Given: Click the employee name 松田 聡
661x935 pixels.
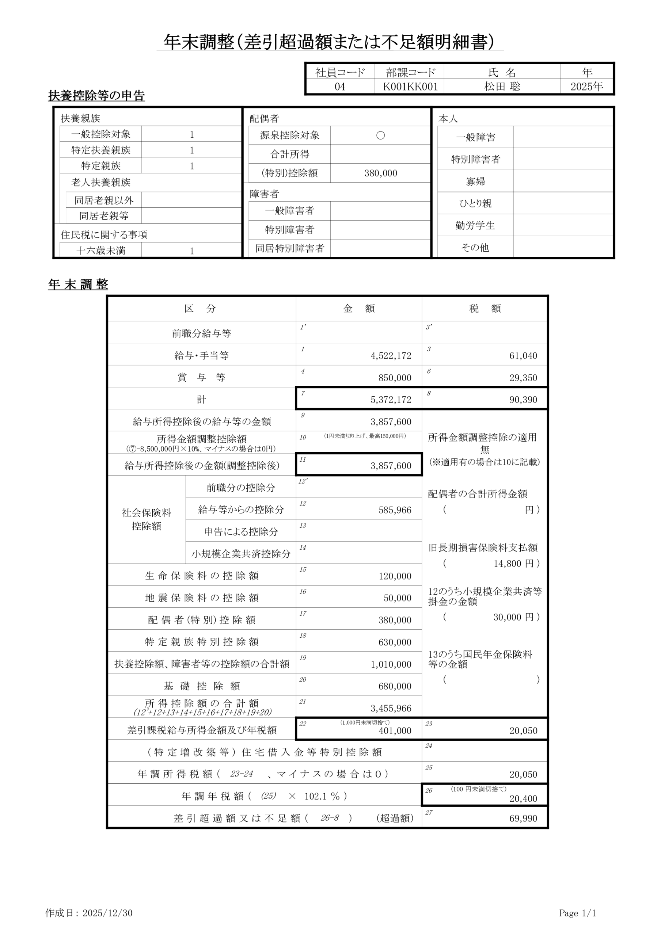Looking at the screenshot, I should click(502, 87).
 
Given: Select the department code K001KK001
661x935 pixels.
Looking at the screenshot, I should click(410, 87).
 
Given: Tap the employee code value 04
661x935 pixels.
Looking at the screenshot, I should click(339, 87).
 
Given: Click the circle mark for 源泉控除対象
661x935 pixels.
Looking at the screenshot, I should click(380, 136).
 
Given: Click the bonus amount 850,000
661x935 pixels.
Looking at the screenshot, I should click(395, 378).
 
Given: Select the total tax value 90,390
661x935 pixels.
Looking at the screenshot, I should click(523, 400).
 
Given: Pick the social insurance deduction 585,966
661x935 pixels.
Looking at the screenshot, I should click(395, 510).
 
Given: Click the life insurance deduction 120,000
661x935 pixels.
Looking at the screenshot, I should click(395, 576).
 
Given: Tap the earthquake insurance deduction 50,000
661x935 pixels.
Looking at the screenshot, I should click(397, 598).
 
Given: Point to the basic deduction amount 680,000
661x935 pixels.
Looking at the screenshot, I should click(395, 686).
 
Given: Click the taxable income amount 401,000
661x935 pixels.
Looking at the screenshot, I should click(395, 731).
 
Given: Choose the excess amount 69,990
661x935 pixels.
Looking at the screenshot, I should click(523, 818).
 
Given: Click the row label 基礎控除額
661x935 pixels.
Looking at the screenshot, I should click(202, 686).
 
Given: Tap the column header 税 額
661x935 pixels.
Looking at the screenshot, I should click(485, 309).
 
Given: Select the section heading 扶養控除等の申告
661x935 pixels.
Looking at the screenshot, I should click(96, 96).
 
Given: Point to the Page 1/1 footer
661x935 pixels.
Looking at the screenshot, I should click(577, 913).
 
